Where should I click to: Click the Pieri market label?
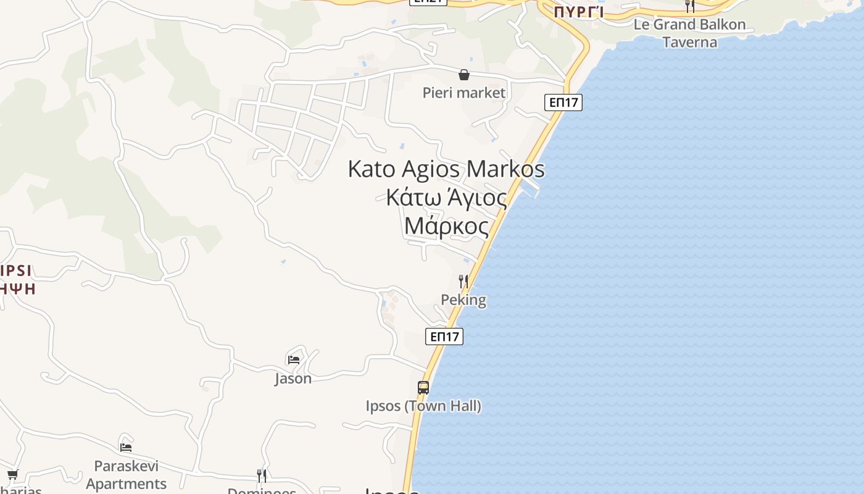coord(464,93)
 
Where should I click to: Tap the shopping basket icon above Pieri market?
coord(464,75)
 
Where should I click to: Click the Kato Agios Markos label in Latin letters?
coord(446,169)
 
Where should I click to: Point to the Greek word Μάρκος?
coord(446,226)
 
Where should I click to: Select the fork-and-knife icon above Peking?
coord(463,282)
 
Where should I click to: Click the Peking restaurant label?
coord(463,300)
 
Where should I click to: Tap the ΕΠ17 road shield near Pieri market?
coord(563,103)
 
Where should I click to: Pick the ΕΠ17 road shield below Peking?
coord(444,337)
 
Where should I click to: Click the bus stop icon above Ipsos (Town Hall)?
coord(423,388)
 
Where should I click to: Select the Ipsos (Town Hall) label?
coord(423,406)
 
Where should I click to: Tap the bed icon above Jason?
coord(294,359)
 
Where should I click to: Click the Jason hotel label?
coord(293,378)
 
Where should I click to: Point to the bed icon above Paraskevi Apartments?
coord(126,447)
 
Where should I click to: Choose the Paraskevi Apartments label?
coord(127,474)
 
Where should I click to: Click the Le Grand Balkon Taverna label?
coord(690,33)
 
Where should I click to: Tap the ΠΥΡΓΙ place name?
coord(578,12)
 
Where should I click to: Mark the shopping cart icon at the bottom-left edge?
coord(12,474)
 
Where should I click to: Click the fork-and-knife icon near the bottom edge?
coord(262,475)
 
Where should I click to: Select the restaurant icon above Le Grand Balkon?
coord(690,6)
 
